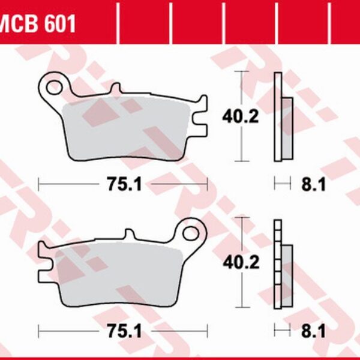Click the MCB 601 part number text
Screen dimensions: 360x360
(37, 25)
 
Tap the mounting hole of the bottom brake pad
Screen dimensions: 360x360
(191, 232)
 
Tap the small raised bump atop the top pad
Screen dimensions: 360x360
(112, 92)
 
